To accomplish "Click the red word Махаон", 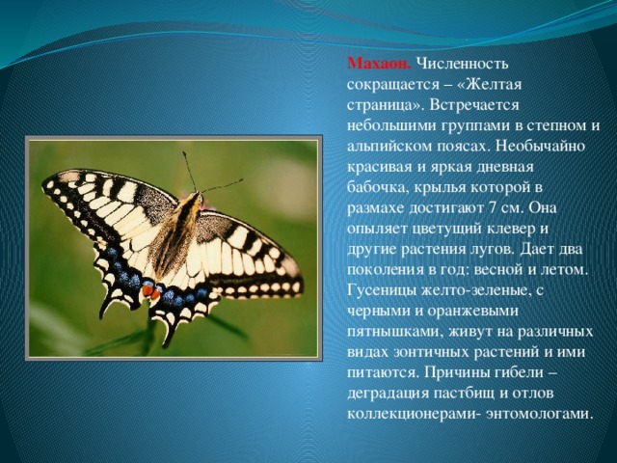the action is (x=379, y=64).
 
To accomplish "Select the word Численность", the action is (x=463, y=64).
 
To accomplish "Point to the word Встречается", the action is (x=474, y=105).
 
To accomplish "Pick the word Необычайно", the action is (x=541, y=147).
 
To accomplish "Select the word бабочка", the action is (x=375, y=187).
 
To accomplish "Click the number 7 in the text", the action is (x=493, y=208).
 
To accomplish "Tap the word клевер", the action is (x=523, y=229).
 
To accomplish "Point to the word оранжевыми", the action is (x=472, y=311).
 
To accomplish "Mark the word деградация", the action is (x=388, y=394).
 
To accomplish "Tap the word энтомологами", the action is (x=540, y=414).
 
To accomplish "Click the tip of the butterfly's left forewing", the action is (x=45, y=182).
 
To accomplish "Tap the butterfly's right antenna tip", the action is (x=241, y=180).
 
